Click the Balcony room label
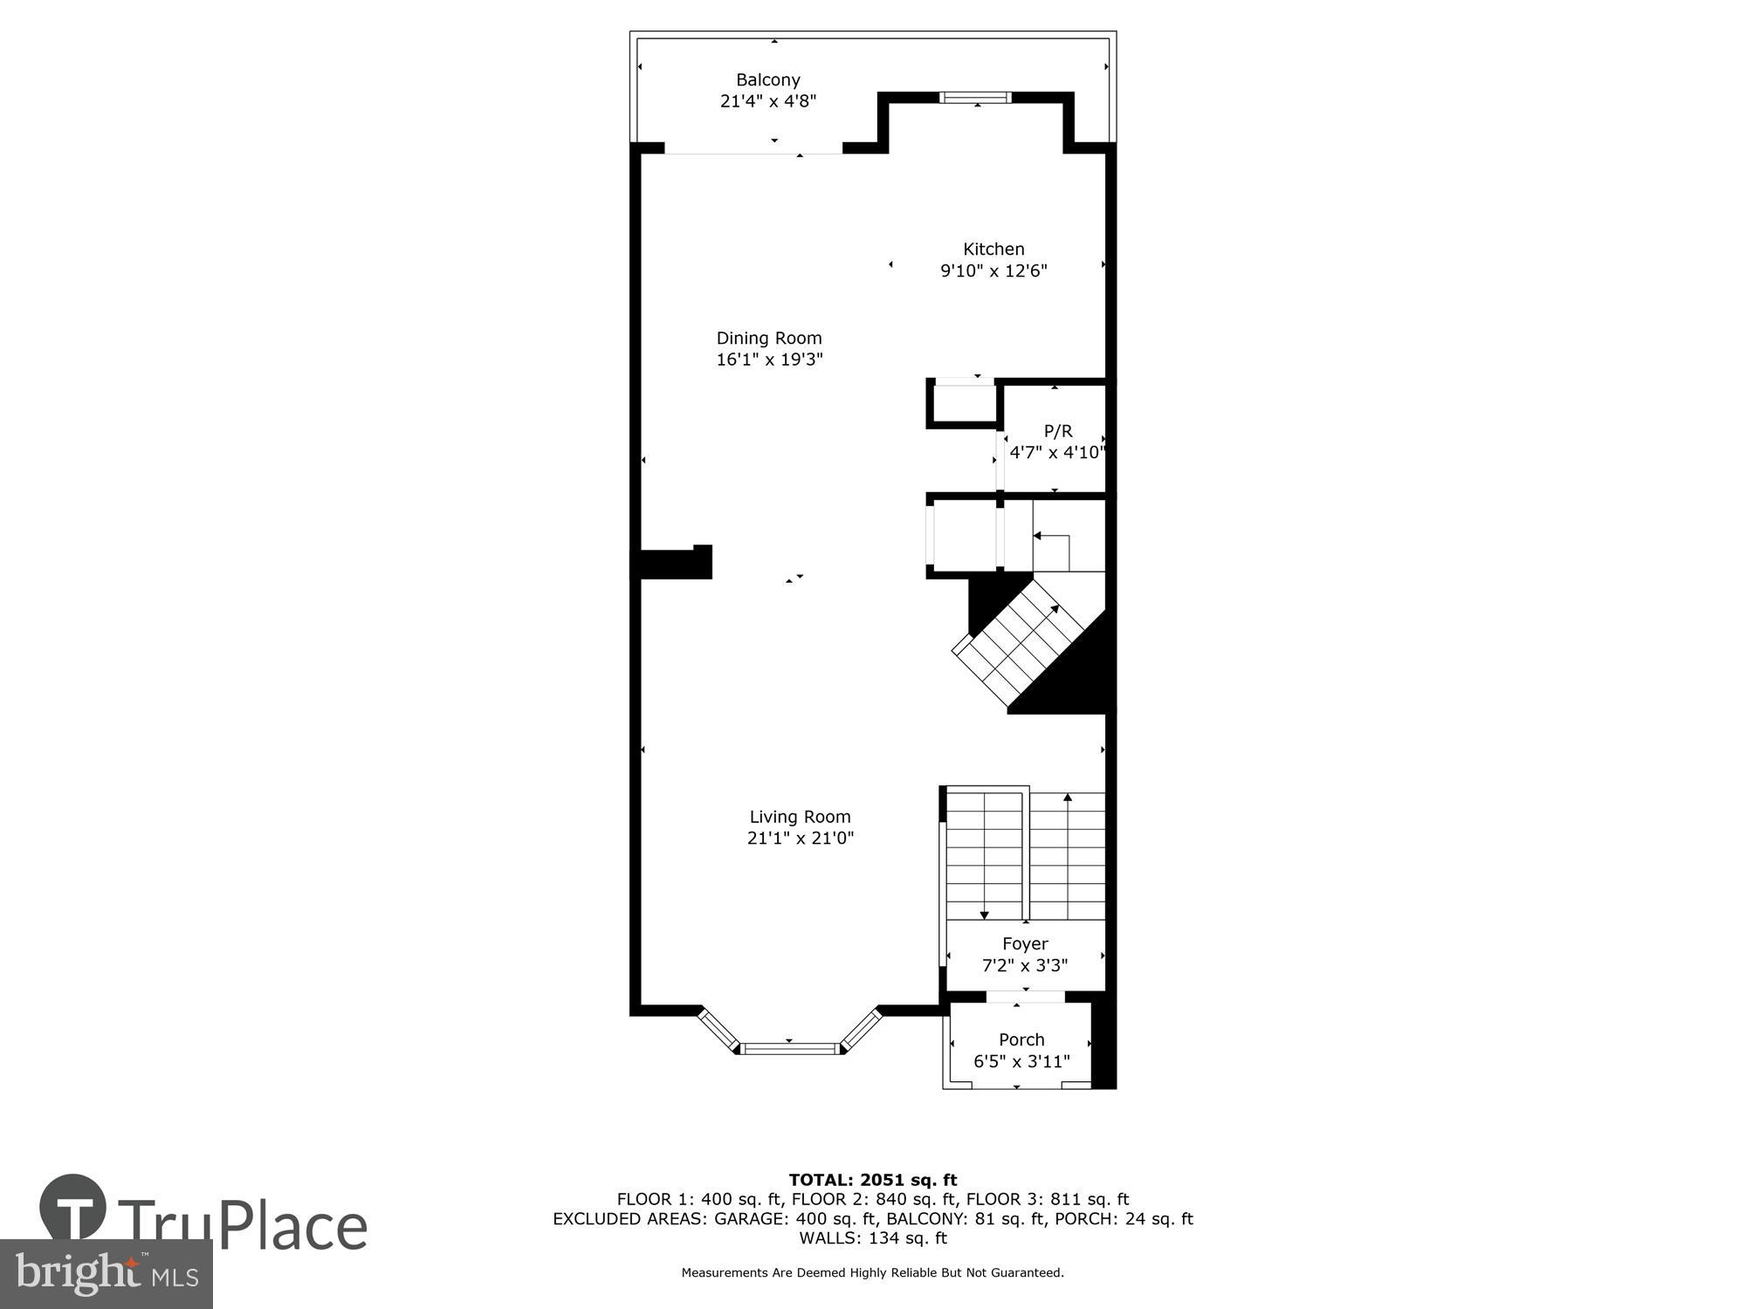pyautogui.click(x=767, y=80)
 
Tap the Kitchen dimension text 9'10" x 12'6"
pyautogui.click(x=993, y=271)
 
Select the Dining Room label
pyautogui.click(x=768, y=338)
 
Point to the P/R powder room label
pyautogui.click(x=1057, y=431)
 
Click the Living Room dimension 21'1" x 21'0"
pyautogui.click(x=800, y=839)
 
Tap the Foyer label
pyautogui.click(x=1024, y=943)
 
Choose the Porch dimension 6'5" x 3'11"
pyautogui.click(x=1021, y=1061)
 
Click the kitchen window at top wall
pyautogui.click(x=975, y=98)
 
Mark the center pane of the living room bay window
pyautogui.click(x=790, y=1048)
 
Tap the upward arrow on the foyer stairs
pyautogui.click(x=1067, y=798)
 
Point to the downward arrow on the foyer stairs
pyautogui.click(x=984, y=915)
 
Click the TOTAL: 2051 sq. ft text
pyautogui.click(x=872, y=1180)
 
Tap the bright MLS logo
pyautogui.click(x=106, y=1274)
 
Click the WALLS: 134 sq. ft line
pyautogui.click(x=872, y=1237)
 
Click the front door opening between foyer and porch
pyautogui.click(x=1025, y=997)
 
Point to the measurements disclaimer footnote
pyautogui.click(x=872, y=1272)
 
